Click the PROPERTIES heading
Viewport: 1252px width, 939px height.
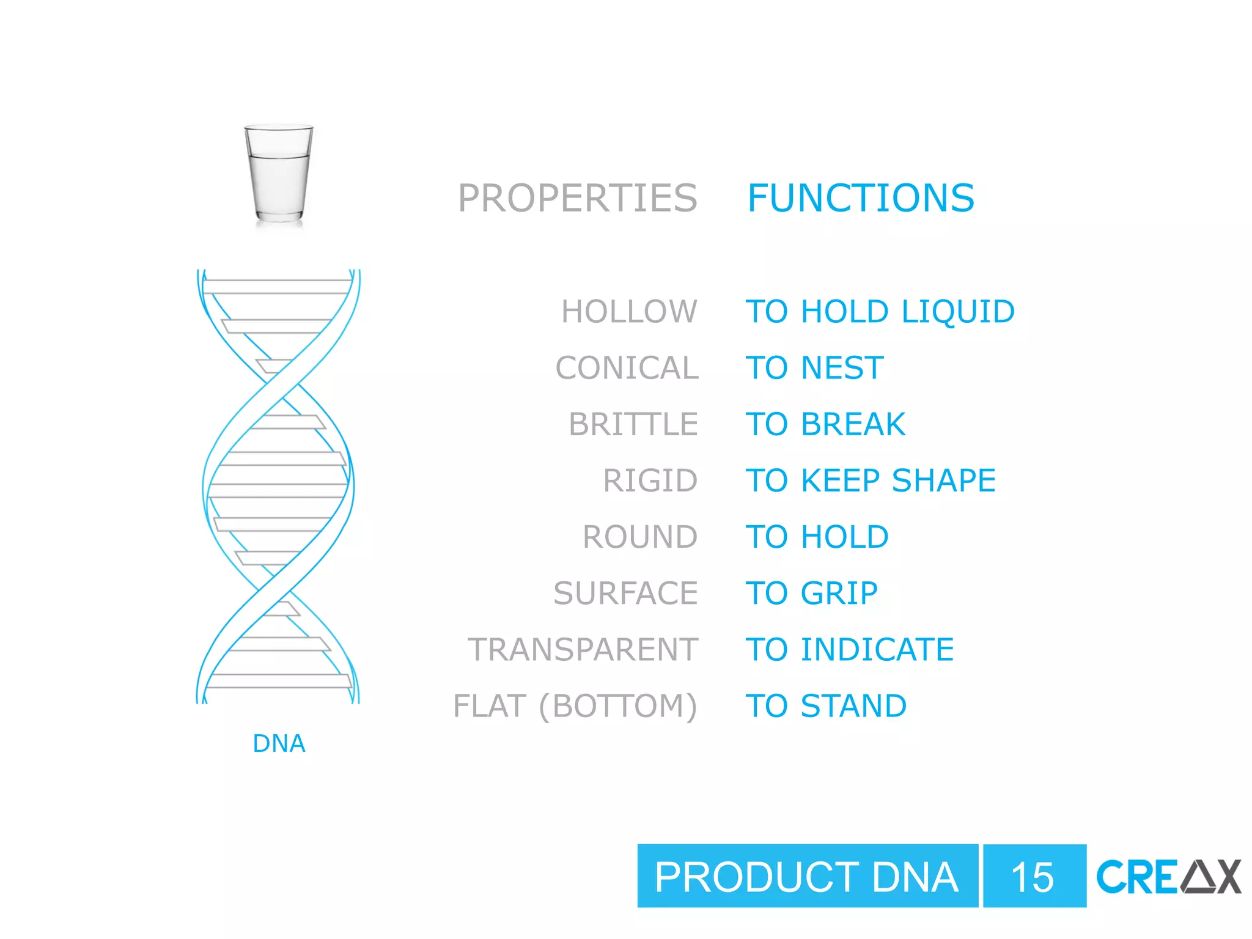click(x=577, y=198)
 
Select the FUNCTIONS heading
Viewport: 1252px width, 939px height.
click(x=861, y=198)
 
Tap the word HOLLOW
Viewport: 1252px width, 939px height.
click(x=629, y=312)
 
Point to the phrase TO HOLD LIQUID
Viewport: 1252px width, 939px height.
click(x=880, y=312)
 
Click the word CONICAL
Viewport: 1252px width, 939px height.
click(x=627, y=368)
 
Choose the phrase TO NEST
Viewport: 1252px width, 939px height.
click(x=815, y=368)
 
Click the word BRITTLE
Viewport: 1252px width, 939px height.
click(x=633, y=424)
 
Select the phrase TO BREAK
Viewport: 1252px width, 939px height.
click(x=825, y=424)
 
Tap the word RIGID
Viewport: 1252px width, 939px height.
click(x=650, y=481)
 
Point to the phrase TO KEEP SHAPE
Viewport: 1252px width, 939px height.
click(x=871, y=481)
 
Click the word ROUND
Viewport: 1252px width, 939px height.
click(x=640, y=537)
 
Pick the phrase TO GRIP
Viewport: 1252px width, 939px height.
click(x=812, y=593)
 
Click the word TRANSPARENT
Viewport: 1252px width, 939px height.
click(x=583, y=649)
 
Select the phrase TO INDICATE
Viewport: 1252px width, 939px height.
click(x=850, y=649)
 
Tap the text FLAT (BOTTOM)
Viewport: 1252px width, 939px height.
click(x=575, y=706)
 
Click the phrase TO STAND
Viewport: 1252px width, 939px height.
click(x=826, y=706)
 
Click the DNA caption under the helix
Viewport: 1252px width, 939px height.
click(x=279, y=743)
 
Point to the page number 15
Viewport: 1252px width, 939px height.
click(x=1033, y=877)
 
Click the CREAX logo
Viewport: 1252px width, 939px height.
click(x=1168, y=877)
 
